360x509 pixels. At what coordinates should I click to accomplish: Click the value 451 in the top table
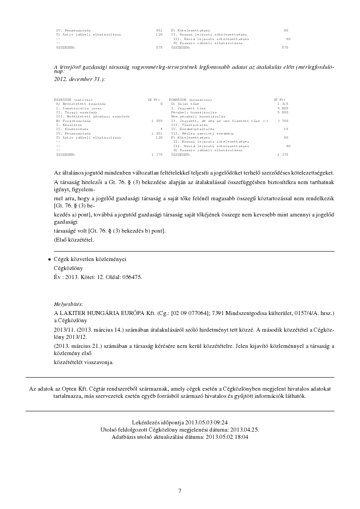(159, 30)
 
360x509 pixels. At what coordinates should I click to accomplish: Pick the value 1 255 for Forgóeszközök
(157, 121)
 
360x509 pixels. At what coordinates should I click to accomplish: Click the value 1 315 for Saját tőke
(283, 104)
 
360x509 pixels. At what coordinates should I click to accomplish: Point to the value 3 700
(283, 121)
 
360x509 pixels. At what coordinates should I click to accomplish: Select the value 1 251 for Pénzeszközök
(157, 134)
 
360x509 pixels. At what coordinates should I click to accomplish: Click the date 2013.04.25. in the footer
(243, 429)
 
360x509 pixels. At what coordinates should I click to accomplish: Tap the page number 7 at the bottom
(180, 491)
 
